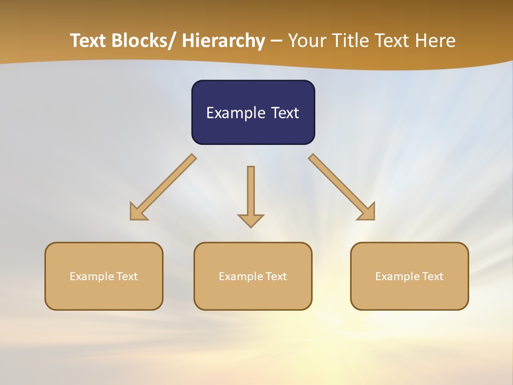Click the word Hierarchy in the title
[223, 41]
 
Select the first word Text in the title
[88, 41]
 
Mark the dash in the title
[276, 42]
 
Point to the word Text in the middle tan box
[276, 276]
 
